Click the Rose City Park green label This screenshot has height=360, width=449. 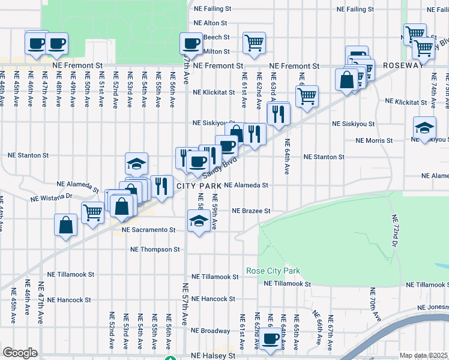pyautogui.click(x=273, y=271)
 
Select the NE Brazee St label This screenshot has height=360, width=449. pyautogui.click(x=252, y=211)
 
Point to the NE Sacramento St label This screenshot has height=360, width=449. pyautogui.click(x=148, y=230)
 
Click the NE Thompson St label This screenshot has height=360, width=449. pyautogui.click(x=156, y=249)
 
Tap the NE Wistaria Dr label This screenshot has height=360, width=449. pyautogui.click(x=52, y=196)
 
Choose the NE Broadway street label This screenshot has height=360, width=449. pyautogui.click(x=210, y=331)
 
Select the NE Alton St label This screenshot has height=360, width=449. pyautogui.click(x=211, y=23)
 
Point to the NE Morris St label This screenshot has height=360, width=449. pyautogui.click(x=374, y=140)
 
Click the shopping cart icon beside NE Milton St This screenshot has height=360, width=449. pyautogui.click(x=254, y=43)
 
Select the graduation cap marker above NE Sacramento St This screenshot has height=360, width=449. pyautogui.click(x=199, y=221)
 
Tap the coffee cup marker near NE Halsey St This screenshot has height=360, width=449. pyautogui.click(x=271, y=338)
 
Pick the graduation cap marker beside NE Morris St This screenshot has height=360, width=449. pyautogui.click(x=424, y=127)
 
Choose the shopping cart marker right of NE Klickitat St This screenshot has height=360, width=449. pyautogui.click(x=307, y=95)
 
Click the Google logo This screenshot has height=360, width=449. pyautogui.click(x=20, y=353)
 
